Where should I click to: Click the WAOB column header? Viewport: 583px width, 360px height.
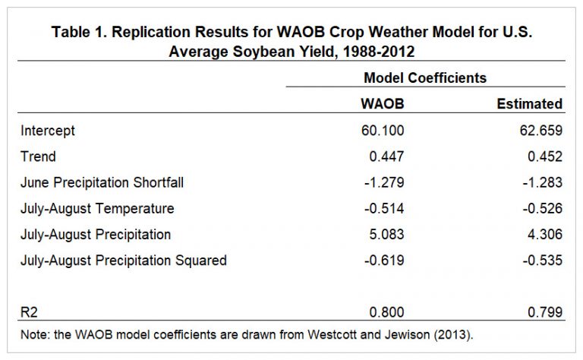383,103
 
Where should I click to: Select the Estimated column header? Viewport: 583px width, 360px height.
529,103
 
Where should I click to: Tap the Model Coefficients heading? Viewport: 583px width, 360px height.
425,77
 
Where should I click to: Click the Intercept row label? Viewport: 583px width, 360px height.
48,131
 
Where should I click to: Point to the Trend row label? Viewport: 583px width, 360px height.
39,156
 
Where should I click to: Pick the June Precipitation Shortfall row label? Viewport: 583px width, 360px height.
102,182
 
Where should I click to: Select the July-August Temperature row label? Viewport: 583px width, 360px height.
97,208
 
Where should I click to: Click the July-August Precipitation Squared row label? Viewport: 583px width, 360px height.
124,260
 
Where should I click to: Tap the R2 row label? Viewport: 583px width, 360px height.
30,311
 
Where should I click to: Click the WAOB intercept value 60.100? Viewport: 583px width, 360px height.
383,131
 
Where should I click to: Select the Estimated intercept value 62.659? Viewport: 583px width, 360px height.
540,131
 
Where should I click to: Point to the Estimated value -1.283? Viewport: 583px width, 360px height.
542,182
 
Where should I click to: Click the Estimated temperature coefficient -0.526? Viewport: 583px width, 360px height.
542,208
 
